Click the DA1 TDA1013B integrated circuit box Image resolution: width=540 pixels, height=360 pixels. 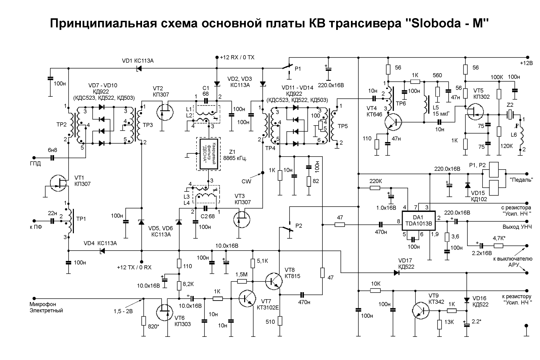418,221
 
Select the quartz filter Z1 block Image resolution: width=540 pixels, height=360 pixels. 209,154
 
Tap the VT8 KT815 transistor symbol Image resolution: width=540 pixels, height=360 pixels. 274,281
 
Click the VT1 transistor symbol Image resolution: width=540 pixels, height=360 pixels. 58,183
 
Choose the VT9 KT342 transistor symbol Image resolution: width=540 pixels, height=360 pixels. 421,311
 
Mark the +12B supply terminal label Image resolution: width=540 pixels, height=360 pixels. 526,63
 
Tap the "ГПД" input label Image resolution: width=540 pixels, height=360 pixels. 35,164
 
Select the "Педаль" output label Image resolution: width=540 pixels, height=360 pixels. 521,180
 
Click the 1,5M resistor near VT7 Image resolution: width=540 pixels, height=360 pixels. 242,281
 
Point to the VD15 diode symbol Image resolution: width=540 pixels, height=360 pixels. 467,185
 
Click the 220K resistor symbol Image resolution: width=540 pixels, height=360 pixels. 375,188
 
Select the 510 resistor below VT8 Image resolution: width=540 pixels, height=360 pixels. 280,321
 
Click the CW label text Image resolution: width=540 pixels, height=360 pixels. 246,181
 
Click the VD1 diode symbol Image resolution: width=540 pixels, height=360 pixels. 139,69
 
